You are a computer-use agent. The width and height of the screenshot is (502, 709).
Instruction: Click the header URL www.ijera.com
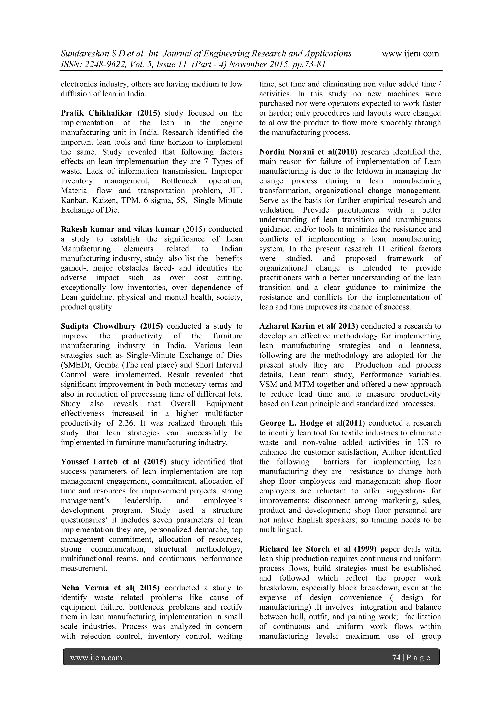pos(410,54)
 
